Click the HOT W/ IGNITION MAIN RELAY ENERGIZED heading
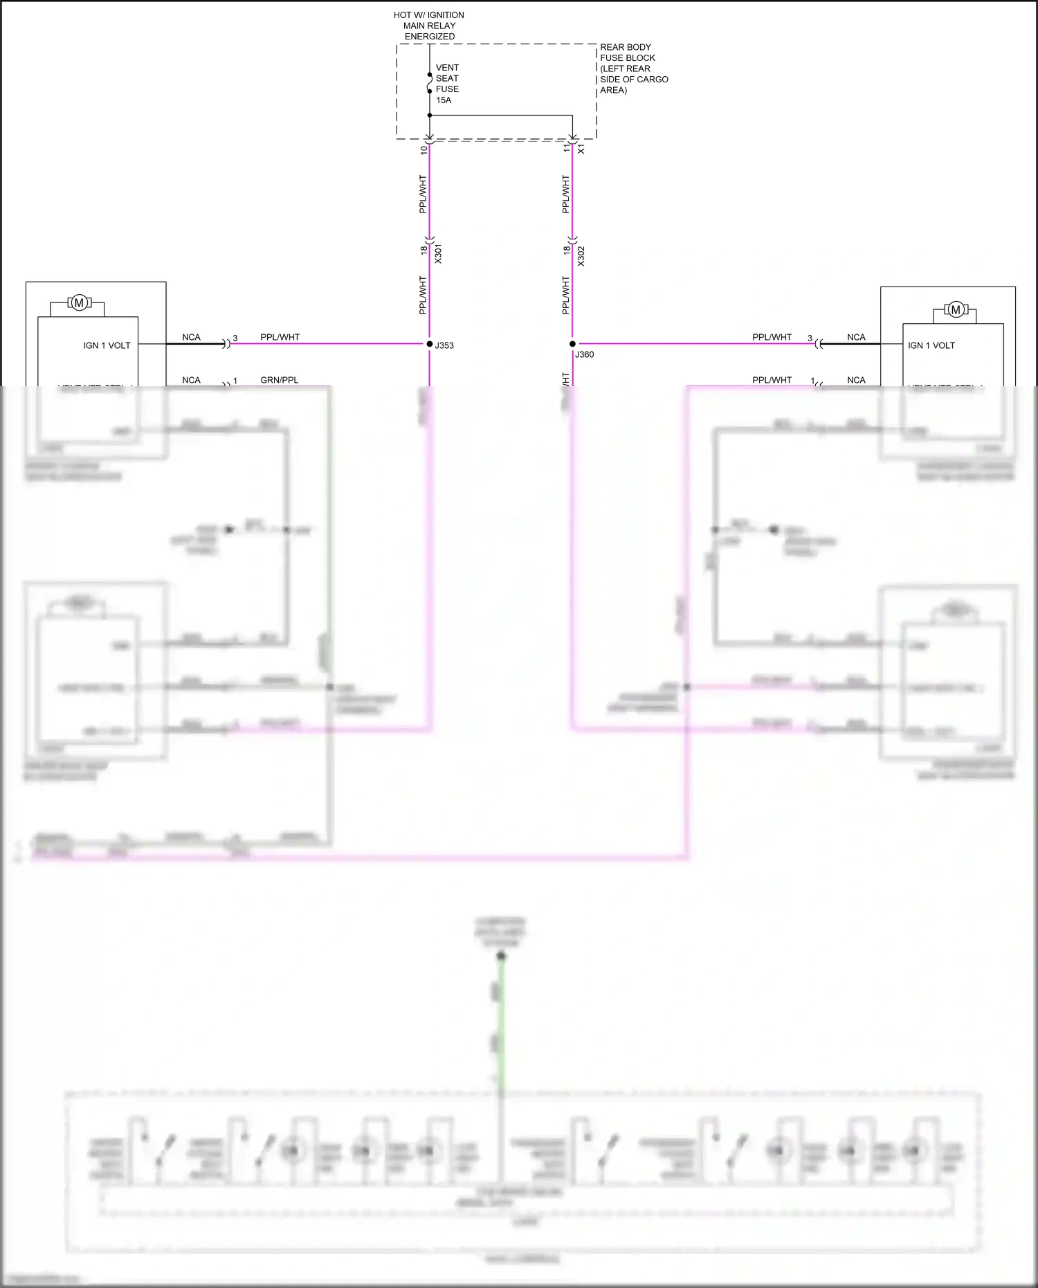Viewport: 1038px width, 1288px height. pos(429,26)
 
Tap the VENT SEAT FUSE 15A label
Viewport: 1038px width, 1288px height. pos(447,84)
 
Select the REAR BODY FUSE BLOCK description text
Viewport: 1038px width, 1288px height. pos(633,69)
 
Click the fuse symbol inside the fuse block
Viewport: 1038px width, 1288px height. pos(430,83)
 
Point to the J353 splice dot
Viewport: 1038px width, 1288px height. pos(430,344)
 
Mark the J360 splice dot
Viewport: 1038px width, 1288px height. pos(572,344)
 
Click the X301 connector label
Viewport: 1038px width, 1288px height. pos(438,254)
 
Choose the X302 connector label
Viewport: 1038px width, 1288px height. pos(581,256)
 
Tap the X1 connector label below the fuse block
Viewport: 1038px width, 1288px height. pos(581,149)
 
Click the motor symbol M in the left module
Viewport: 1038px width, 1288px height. pos(79,302)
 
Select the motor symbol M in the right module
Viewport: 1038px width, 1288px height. pos(956,309)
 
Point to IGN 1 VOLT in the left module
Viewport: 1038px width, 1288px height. pos(107,345)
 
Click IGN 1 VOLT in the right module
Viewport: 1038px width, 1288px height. pos(931,345)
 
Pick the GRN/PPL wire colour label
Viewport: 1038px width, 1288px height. pos(280,380)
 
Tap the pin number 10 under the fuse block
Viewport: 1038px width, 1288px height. pos(424,149)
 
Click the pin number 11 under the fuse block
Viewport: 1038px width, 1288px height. pos(567,148)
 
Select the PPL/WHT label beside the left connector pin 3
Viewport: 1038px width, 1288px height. pos(280,337)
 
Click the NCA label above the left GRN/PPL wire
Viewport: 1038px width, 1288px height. pos(191,380)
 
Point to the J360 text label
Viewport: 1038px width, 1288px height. pos(585,354)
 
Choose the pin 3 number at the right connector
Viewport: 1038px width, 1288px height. pos(810,338)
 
